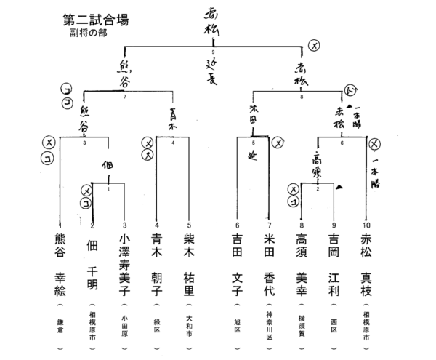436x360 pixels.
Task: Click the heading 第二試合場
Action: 96,20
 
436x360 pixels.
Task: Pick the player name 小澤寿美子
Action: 124,265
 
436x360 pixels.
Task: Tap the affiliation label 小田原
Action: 124,323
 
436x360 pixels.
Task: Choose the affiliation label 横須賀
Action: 302,323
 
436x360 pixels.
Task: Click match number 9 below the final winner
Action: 213,52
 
